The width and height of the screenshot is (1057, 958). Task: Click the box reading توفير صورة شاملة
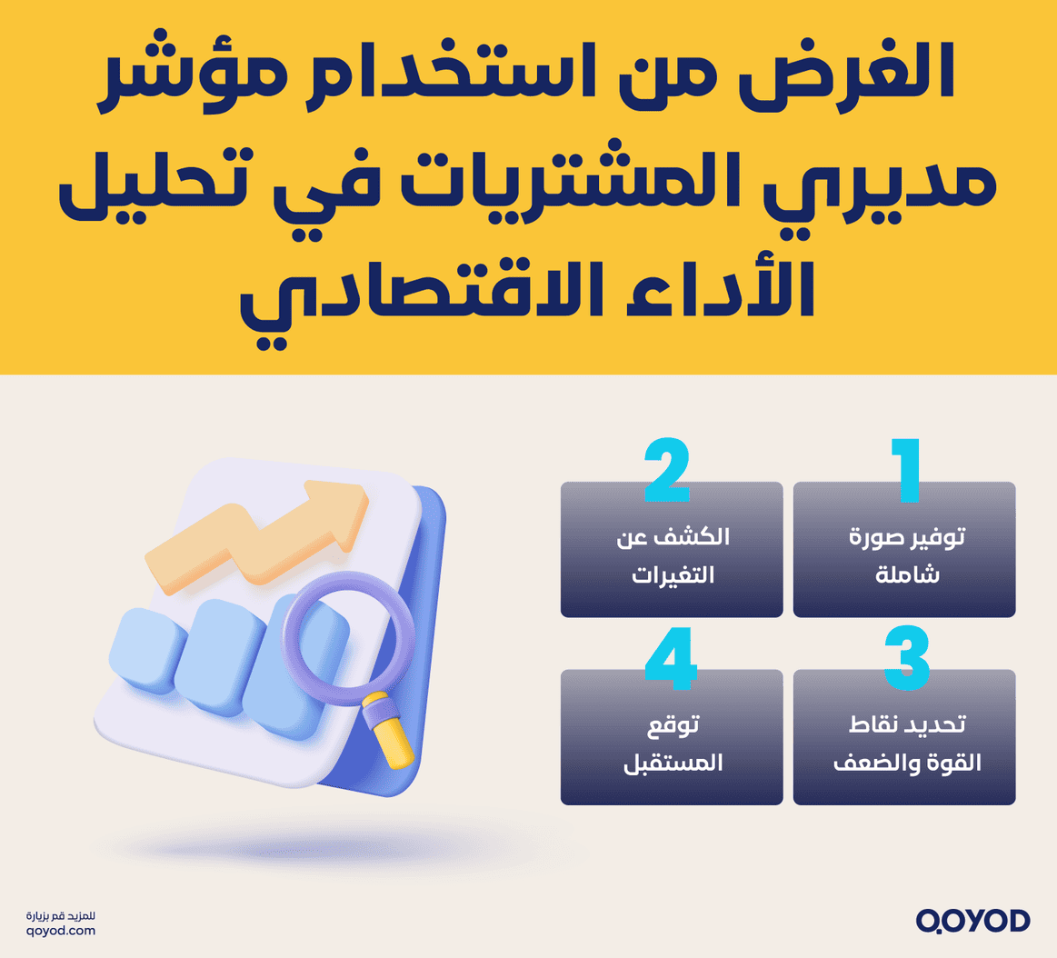point(904,554)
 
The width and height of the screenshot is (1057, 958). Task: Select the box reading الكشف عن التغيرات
point(672,554)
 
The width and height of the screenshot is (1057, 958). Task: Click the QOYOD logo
point(972,921)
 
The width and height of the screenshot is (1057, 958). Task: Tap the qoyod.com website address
point(61,931)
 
